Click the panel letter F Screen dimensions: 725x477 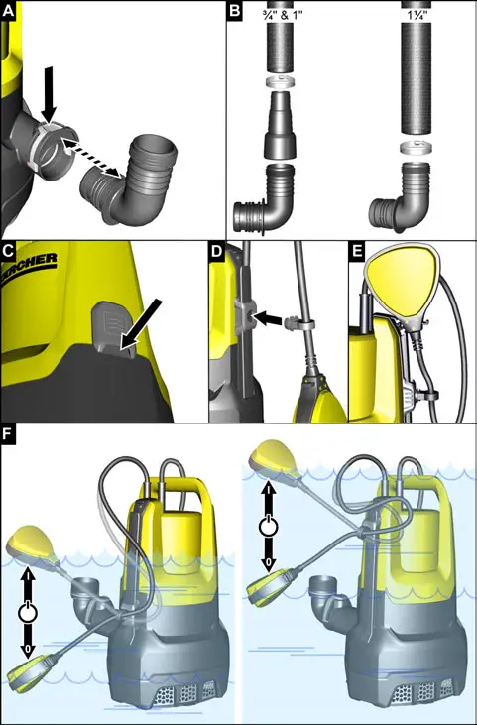pos(10,436)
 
